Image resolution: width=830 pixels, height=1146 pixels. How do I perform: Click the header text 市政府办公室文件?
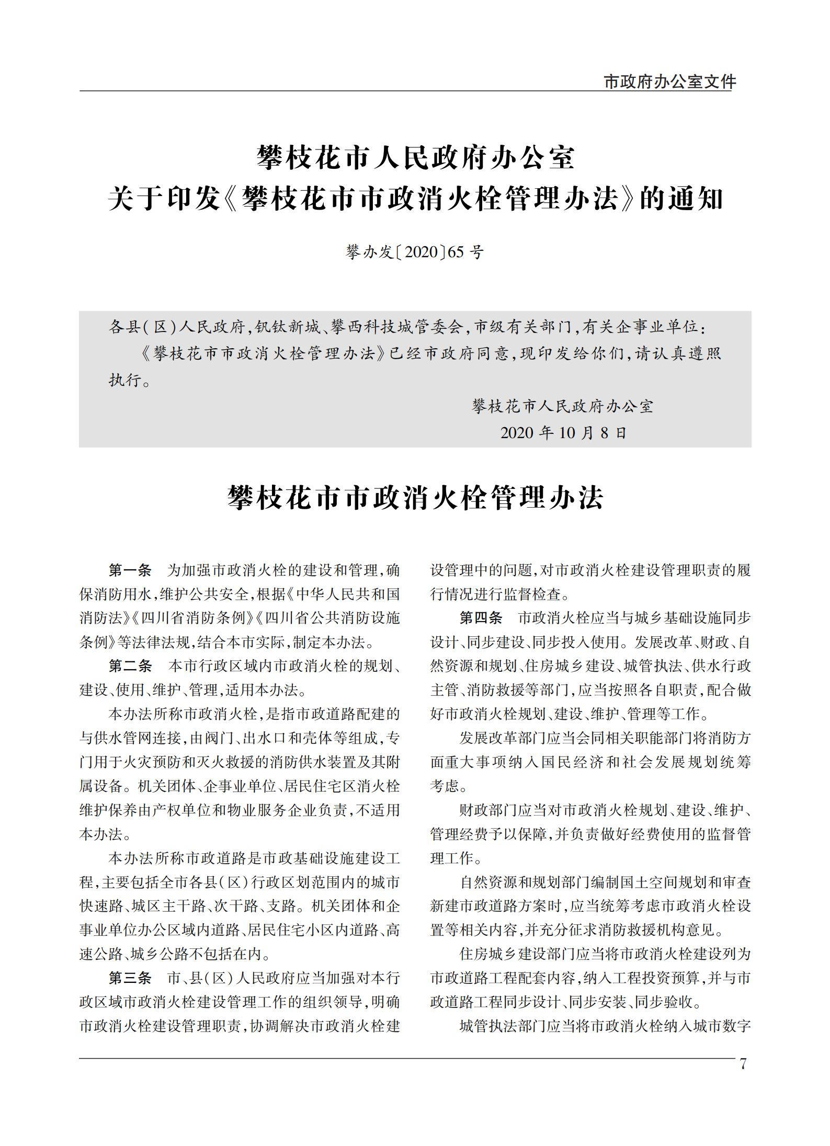click(x=669, y=82)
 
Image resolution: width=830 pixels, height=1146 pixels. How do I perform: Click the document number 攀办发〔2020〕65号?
click(x=415, y=253)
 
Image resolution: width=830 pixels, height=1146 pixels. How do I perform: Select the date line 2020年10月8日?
click(x=563, y=433)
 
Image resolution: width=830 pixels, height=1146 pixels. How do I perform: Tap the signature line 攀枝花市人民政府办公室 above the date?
click(x=563, y=406)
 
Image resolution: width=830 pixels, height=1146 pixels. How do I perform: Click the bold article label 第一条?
click(x=130, y=569)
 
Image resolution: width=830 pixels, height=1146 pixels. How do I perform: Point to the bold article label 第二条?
click(x=130, y=666)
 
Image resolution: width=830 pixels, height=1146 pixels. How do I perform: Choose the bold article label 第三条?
click(x=130, y=977)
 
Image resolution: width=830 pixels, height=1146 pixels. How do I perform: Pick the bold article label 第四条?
click(x=481, y=618)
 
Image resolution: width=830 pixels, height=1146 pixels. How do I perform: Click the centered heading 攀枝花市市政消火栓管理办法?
click(x=415, y=497)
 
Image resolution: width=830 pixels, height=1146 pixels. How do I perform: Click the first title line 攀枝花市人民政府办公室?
click(x=415, y=158)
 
